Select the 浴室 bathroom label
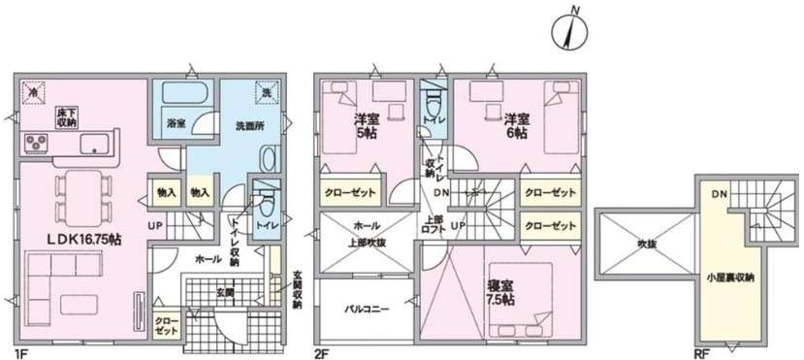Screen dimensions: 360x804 176,124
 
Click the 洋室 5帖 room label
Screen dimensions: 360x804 366,125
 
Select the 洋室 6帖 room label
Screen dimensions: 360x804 516,125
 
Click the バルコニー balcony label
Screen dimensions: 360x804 368,310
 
